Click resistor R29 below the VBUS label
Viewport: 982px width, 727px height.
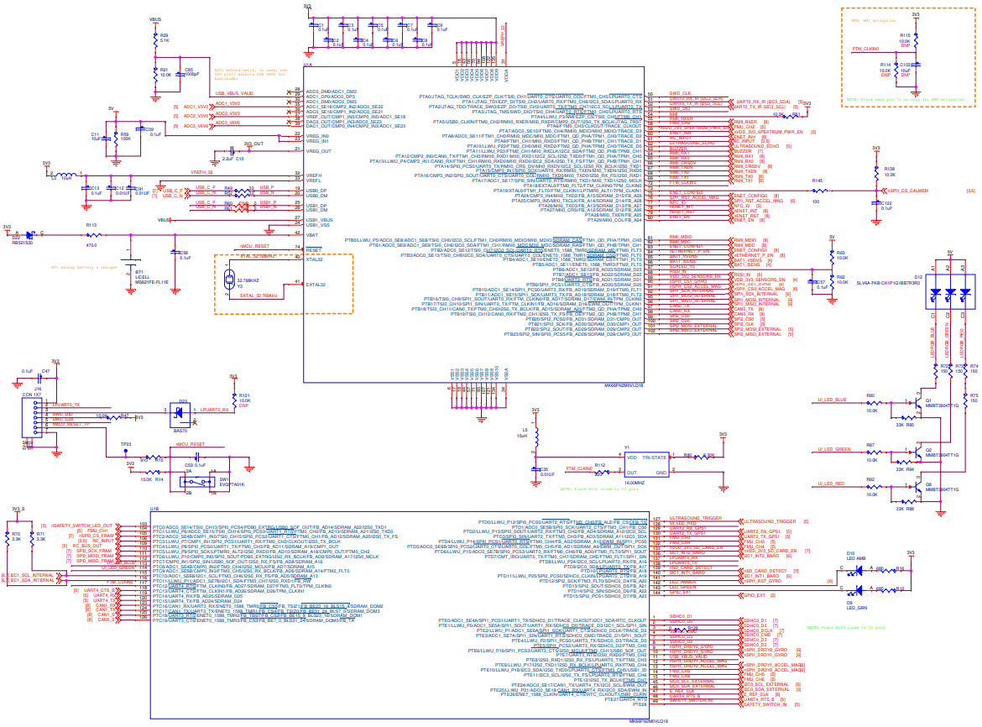(154, 39)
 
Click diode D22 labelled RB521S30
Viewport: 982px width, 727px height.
(29, 236)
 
